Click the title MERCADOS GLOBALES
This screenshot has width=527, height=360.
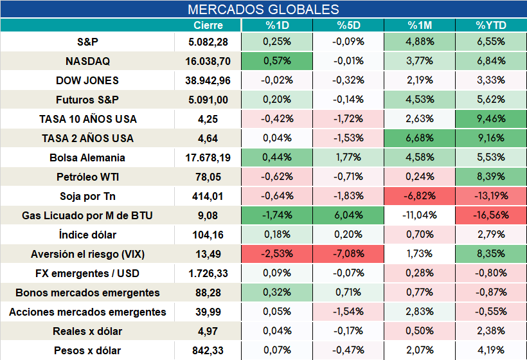pos(263,10)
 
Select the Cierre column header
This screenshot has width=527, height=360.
pos(208,26)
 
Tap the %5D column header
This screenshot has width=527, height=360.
pos(348,26)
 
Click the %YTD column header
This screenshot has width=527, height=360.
pos(491,26)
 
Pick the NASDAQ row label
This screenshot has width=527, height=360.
pos(87,61)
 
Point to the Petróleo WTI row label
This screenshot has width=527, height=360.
pos(87,177)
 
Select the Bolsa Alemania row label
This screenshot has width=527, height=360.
pos(87,157)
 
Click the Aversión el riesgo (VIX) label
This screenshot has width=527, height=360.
pos(87,254)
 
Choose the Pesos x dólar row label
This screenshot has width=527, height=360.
pos(87,350)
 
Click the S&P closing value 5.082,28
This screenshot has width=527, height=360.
pos(208,42)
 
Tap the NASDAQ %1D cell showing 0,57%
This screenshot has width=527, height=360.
pos(277,61)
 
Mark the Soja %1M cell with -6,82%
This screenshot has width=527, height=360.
pos(420,195)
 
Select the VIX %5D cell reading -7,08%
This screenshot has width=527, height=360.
pos(348,254)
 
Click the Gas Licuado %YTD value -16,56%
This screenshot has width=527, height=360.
pos(491,215)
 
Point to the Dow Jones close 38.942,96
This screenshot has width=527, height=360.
pos(208,80)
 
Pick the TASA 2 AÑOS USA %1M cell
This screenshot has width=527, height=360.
pos(420,138)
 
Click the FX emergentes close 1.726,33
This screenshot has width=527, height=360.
pos(208,274)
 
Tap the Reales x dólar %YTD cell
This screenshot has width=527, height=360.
pos(491,331)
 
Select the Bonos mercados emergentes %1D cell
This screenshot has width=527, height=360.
pos(277,292)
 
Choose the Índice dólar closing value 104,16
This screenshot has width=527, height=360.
pos(208,235)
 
